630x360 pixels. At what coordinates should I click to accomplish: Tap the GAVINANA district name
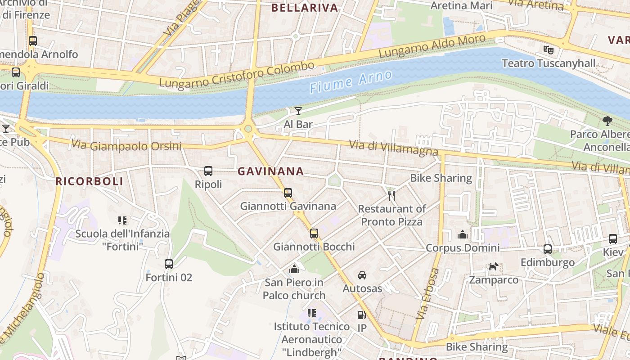(x=270, y=171)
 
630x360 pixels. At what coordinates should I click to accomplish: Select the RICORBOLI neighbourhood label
(x=89, y=181)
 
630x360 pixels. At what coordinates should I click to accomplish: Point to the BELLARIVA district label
(x=305, y=8)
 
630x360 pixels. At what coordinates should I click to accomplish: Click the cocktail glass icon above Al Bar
(x=298, y=111)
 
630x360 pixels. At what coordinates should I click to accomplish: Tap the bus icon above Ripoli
(x=208, y=171)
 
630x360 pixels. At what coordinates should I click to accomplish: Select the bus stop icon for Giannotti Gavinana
(x=288, y=193)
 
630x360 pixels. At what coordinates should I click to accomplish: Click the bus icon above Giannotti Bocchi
(x=314, y=234)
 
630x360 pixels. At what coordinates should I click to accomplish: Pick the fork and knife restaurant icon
(x=391, y=195)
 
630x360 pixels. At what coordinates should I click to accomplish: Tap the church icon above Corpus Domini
(x=463, y=234)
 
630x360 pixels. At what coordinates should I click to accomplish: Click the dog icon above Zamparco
(x=494, y=267)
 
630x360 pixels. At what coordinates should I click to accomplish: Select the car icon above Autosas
(x=362, y=275)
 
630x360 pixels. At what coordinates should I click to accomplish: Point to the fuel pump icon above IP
(x=361, y=315)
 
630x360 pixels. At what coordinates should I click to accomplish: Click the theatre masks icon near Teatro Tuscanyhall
(x=548, y=49)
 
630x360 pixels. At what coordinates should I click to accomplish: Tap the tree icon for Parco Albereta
(x=607, y=121)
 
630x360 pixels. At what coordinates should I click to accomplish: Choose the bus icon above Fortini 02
(x=169, y=264)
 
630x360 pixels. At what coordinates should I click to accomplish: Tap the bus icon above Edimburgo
(x=548, y=249)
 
